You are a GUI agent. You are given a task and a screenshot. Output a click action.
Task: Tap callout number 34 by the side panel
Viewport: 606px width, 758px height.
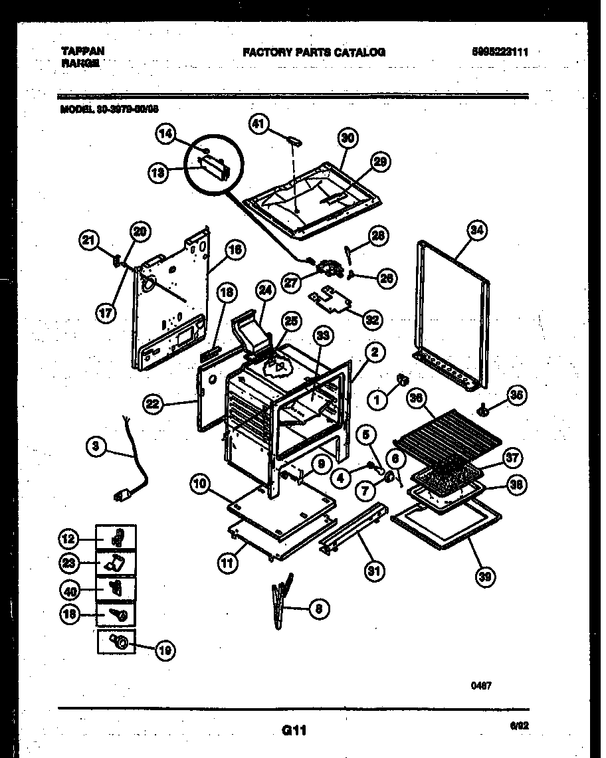pyautogui.click(x=476, y=231)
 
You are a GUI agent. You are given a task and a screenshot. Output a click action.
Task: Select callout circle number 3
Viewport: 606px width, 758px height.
pyautogui.click(x=97, y=448)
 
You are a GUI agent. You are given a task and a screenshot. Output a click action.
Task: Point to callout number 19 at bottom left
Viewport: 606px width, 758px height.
pyautogui.click(x=165, y=652)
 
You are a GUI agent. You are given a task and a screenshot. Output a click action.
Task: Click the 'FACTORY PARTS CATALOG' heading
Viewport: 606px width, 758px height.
pyautogui.click(x=314, y=52)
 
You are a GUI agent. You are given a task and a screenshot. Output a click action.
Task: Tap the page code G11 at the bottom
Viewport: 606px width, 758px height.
pyautogui.click(x=293, y=731)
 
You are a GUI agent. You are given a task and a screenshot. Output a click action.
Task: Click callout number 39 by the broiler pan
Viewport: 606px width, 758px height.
pyautogui.click(x=486, y=577)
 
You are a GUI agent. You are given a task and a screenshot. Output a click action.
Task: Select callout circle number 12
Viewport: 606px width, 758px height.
pyautogui.click(x=70, y=538)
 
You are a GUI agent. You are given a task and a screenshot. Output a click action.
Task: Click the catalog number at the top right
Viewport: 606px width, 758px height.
pyautogui.click(x=500, y=52)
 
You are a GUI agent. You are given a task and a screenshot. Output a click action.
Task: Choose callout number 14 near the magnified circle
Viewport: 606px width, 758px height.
pyautogui.click(x=167, y=134)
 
